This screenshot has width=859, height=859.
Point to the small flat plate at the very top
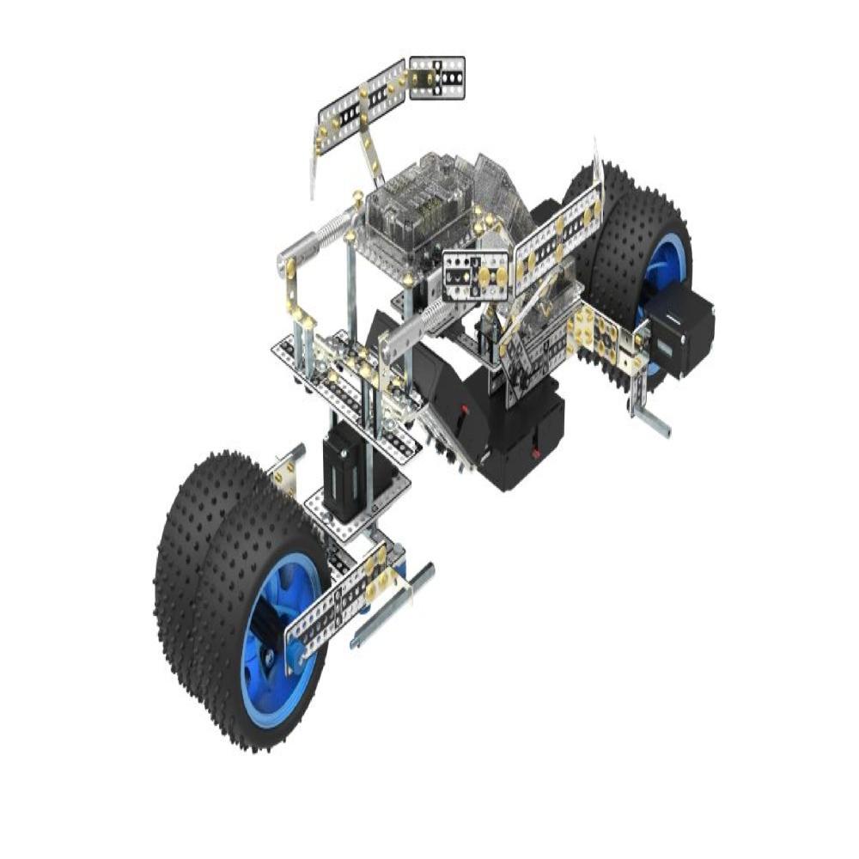[437, 77]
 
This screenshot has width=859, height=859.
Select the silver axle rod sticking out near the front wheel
[391, 610]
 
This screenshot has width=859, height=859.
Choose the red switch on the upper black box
[464, 412]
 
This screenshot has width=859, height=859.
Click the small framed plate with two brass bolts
[478, 275]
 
